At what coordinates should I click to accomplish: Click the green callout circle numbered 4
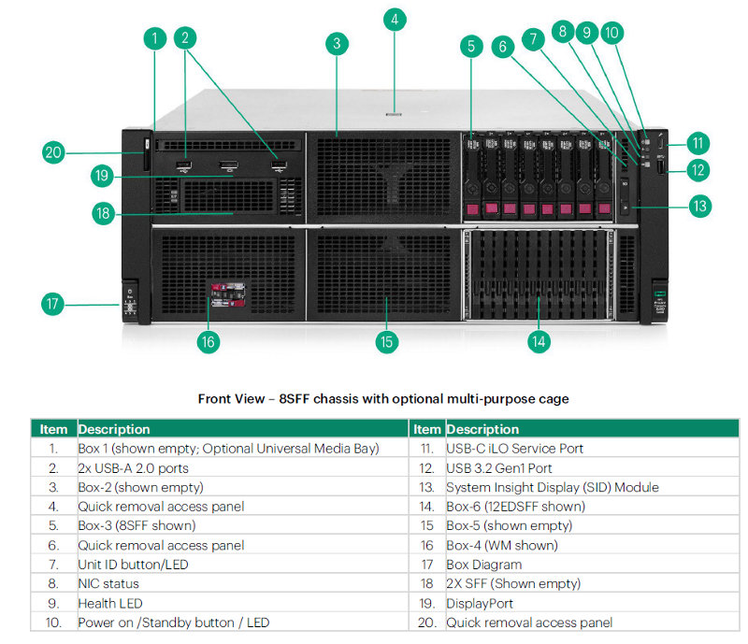[395, 20]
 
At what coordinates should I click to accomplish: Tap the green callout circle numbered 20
[53, 152]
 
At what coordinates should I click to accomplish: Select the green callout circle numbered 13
[699, 206]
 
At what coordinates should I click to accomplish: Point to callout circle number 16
[209, 342]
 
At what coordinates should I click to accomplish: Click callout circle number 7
[533, 39]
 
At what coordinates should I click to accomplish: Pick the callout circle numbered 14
[539, 341]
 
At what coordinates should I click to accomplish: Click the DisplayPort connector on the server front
[229, 165]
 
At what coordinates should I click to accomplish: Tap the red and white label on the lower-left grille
[228, 294]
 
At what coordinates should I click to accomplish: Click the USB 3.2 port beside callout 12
[661, 167]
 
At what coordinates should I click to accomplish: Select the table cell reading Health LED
[110, 604]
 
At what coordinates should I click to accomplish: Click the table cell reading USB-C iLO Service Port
[515, 449]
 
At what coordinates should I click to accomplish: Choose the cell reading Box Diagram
[484, 565]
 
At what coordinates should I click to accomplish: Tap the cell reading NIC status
[108, 583]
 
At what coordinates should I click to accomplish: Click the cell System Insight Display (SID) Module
[553, 487]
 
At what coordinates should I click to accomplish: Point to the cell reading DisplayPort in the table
[480, 604]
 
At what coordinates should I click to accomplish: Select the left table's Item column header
[53, 429]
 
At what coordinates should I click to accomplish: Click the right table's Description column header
[482, 429]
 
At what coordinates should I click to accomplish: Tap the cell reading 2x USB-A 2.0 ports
[133, 468]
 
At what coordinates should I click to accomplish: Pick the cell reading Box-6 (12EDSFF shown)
[516, 507]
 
